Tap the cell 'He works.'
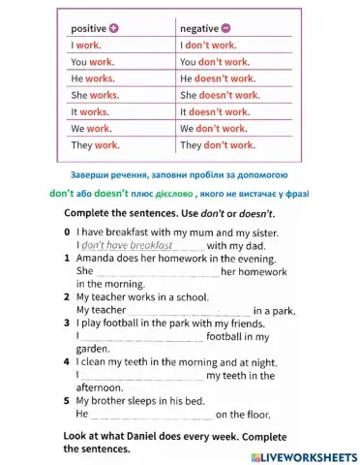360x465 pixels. point(93,78)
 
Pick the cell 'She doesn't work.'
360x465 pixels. point(220,95)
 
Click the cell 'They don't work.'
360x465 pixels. point(218,145)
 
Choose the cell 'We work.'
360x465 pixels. point(92,129)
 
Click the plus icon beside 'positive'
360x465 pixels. point(115,29)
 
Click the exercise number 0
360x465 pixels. point(67,233)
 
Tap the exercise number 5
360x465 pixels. point(67,400)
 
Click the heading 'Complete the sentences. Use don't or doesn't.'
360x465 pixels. point(169,212)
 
